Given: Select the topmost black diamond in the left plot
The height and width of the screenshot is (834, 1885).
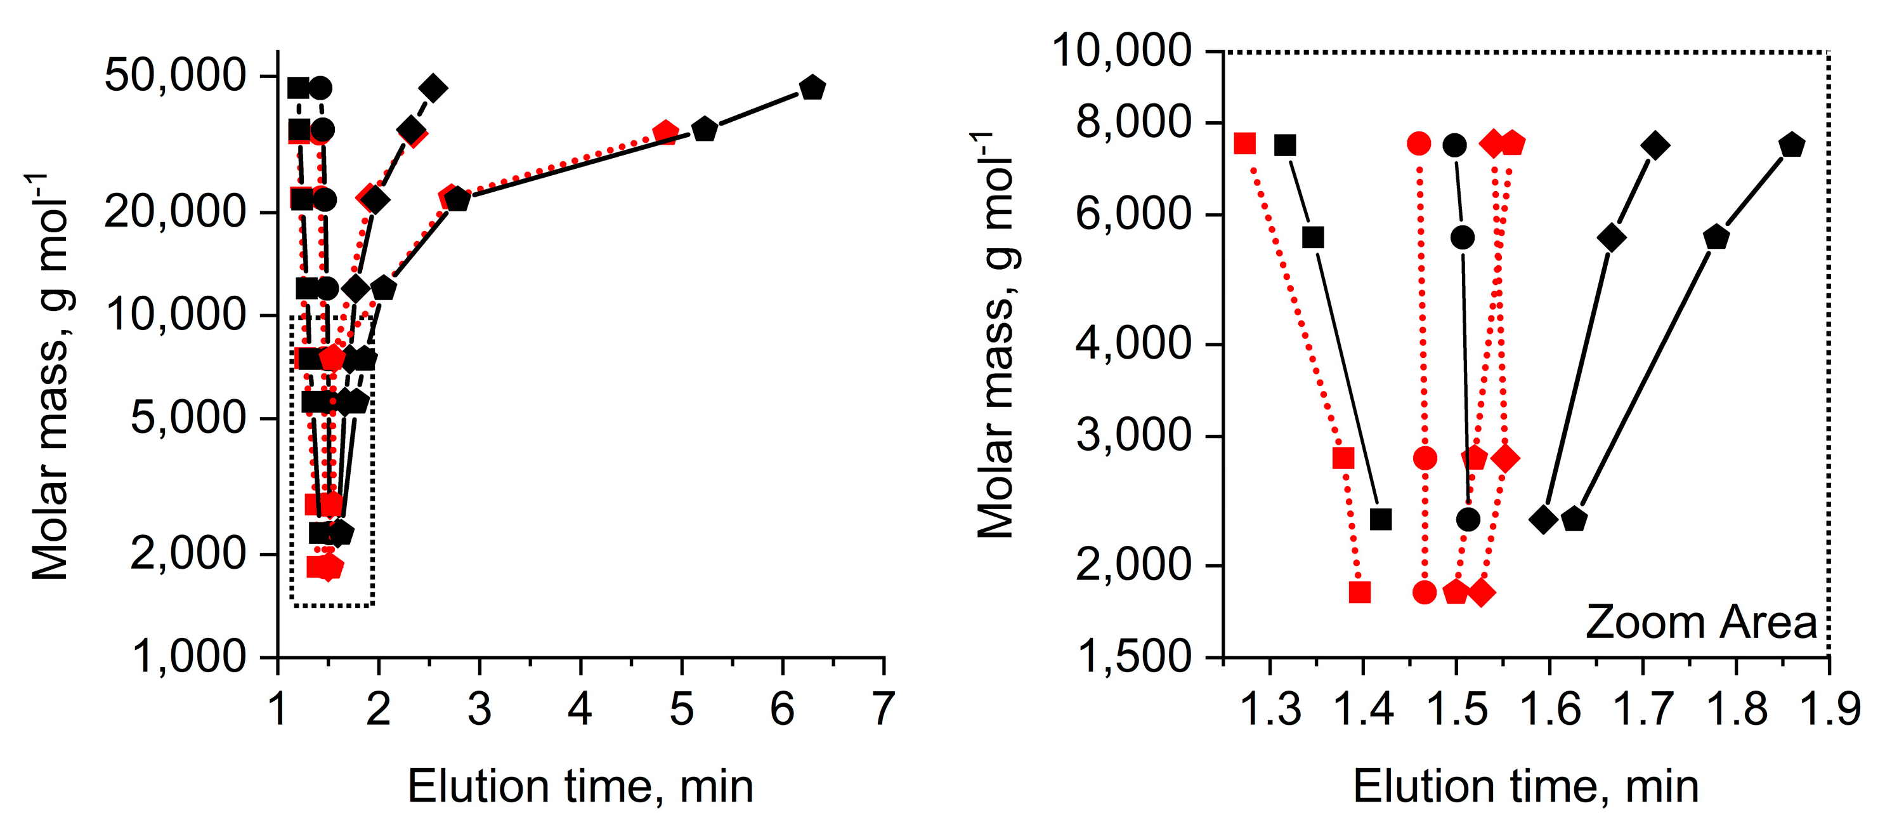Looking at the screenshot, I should coord(434,88).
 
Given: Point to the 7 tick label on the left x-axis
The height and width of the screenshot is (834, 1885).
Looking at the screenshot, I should coord(884,709).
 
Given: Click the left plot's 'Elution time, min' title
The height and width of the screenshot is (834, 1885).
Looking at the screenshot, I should coord(580,787).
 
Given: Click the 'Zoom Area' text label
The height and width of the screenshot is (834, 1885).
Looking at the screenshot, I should coord(1700,623).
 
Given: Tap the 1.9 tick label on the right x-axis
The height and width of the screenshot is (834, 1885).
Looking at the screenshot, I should coord(1829,709).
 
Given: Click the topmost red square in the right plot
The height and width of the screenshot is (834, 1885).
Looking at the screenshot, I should coord(1244,143).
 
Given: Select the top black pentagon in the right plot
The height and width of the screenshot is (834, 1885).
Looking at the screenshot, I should coord(1791,145).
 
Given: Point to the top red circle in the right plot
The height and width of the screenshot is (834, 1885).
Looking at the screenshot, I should coord(1419,143).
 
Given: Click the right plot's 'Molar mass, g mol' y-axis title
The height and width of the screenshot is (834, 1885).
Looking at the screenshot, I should coord(996,335).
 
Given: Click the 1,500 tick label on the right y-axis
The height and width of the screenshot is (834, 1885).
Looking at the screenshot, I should coord(1135,656).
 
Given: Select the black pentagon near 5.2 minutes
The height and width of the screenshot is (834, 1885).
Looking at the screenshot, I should coord(704,129).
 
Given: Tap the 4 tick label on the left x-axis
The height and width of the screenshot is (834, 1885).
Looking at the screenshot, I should coord(580,709).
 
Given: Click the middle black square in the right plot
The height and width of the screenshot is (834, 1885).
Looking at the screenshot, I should coord(1314,237).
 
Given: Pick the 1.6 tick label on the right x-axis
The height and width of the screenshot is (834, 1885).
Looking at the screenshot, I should coord(1550,709).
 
